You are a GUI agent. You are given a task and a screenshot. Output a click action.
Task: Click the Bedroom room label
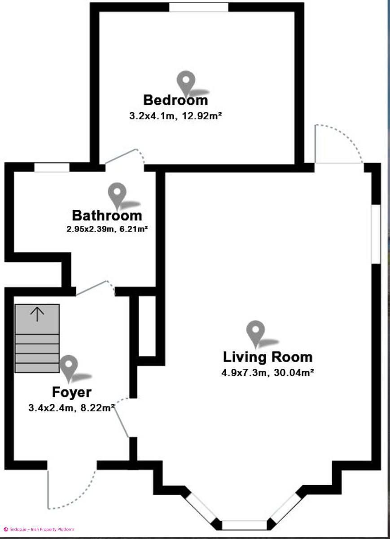point(175,100)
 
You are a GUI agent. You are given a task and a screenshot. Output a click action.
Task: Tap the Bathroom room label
point(107,215)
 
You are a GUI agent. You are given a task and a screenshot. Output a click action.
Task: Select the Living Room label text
point(268,357)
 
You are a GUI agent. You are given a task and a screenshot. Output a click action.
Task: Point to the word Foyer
point(72,393)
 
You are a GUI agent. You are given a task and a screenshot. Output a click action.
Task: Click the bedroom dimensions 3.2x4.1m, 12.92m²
point(175,116)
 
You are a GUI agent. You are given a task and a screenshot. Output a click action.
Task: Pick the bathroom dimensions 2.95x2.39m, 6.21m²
point(107,229)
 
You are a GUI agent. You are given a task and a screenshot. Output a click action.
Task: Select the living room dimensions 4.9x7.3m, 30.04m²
point(267,373)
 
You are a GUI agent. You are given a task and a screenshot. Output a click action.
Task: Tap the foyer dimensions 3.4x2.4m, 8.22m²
point(71,408)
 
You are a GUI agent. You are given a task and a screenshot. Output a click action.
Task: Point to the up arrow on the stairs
point(37,314)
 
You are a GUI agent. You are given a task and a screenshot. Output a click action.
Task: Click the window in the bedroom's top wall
point(198,7)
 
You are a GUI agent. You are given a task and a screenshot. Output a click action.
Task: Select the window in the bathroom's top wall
point(52,168)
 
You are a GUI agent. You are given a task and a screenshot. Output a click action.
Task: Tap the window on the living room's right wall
point(376,234)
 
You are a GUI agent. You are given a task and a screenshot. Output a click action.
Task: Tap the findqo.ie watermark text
point(39,527)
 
